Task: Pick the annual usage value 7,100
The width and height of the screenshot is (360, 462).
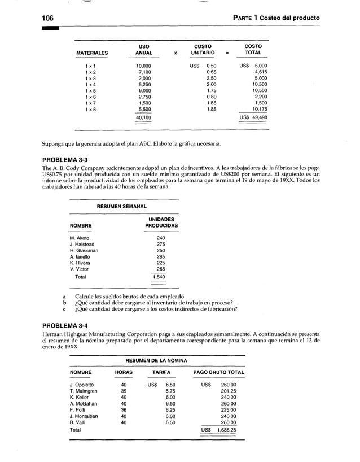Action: coord(144,72)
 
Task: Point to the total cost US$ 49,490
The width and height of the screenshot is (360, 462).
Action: coord(253,117)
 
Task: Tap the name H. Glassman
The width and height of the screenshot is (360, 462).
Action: coord(85,251)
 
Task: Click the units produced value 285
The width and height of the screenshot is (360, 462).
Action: coord(161,257)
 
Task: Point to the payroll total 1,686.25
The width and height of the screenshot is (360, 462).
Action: coord(225,429)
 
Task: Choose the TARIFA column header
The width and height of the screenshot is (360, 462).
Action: coord(161,373)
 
